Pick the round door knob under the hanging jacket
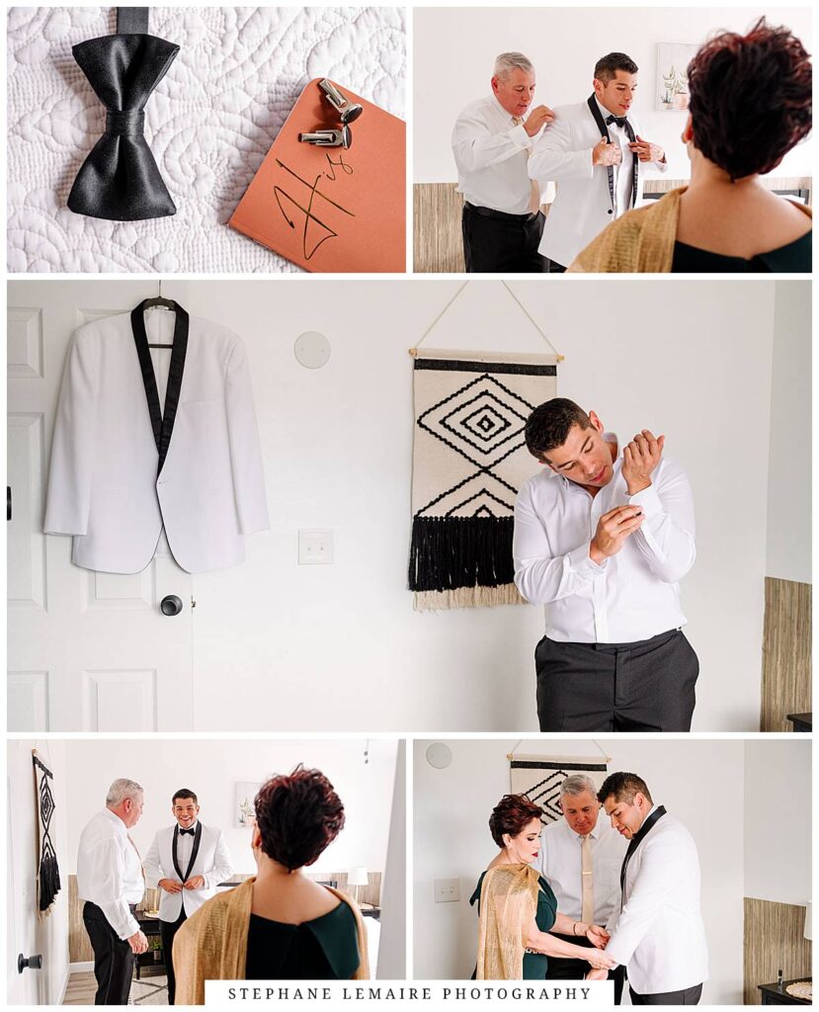pos(171,605)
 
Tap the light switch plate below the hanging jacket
pos(315,547)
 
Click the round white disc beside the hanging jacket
pos(312,349)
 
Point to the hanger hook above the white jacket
pos(159,292)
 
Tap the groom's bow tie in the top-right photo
pos(616,121)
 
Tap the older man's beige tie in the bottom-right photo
pos(586,875)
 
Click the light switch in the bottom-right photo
pos(447,889)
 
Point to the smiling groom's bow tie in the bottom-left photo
pos(187,832)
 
